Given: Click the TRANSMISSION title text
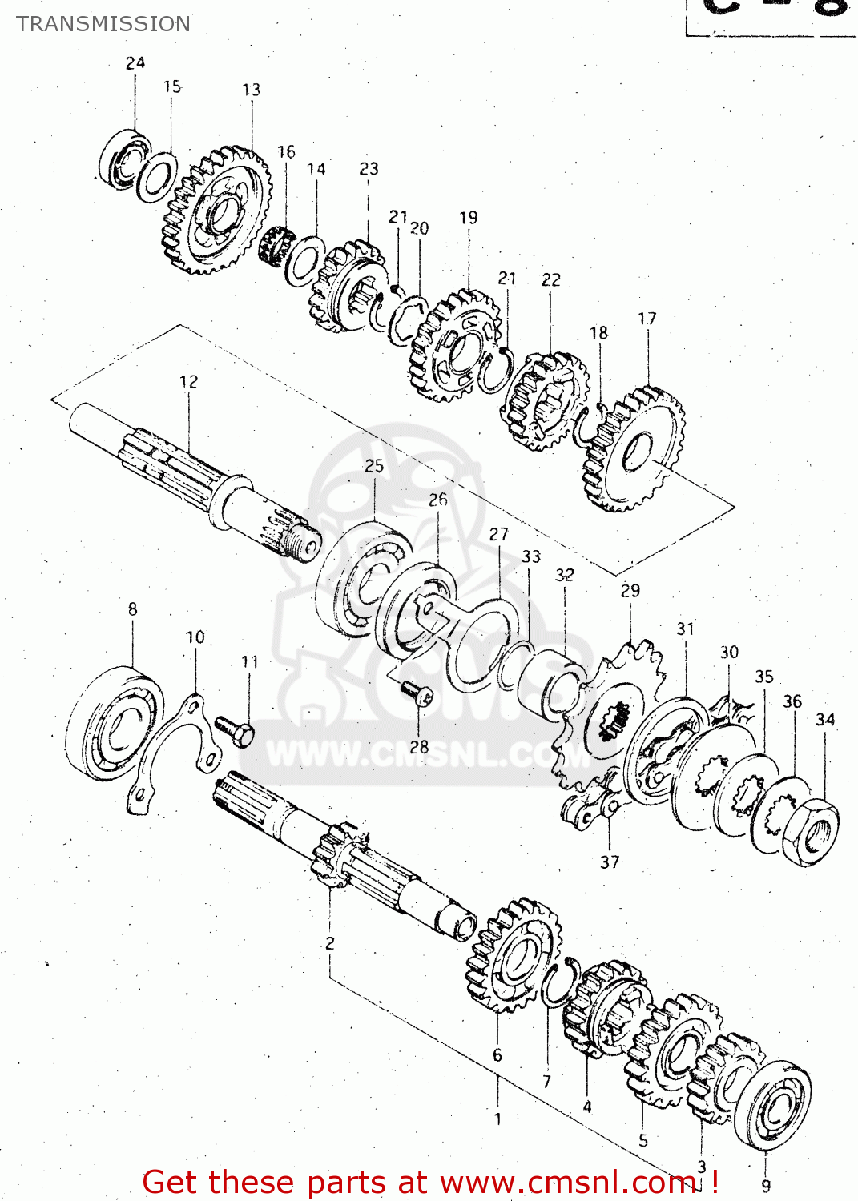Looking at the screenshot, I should coord(103,24).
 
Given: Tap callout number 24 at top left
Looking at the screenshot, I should coord(135,62).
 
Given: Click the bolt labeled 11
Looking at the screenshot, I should coord(235,730).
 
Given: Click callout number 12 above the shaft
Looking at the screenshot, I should coord(188,381).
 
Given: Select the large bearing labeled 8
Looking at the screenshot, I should coord(113,723).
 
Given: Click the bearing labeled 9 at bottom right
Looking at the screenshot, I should coord(772,1106).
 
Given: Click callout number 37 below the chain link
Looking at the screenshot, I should coord(610,862).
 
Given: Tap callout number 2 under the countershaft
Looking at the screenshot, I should coord(329,943).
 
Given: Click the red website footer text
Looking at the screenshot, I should coord(430,1182).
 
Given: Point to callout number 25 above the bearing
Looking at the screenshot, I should coord(374,465).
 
